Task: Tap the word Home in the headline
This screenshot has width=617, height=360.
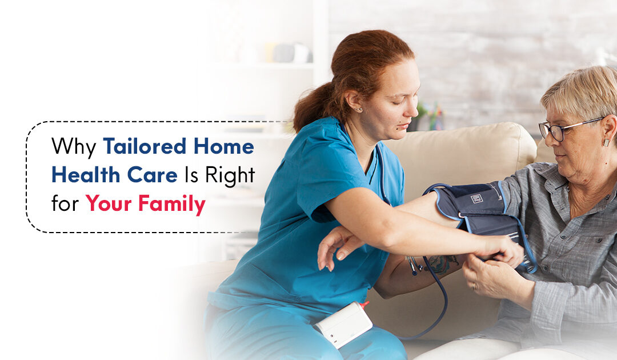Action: [223, 147]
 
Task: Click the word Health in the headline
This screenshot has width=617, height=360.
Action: [83, 175]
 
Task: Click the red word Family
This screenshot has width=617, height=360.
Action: [175, 205]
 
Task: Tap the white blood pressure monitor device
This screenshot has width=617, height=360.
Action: [343, 324]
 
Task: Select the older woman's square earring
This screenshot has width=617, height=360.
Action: [607, 141]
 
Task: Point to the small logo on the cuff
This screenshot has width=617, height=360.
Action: [476, 198]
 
